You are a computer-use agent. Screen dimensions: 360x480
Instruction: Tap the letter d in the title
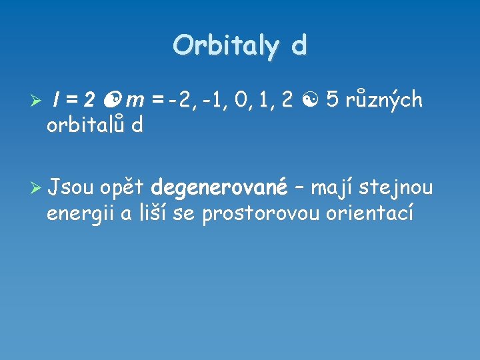pos(299,46)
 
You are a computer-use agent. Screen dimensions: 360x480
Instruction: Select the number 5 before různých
pos(333,100)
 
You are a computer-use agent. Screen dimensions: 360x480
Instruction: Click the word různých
pos(384,100)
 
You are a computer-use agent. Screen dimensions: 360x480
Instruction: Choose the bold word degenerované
pos(219,189)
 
